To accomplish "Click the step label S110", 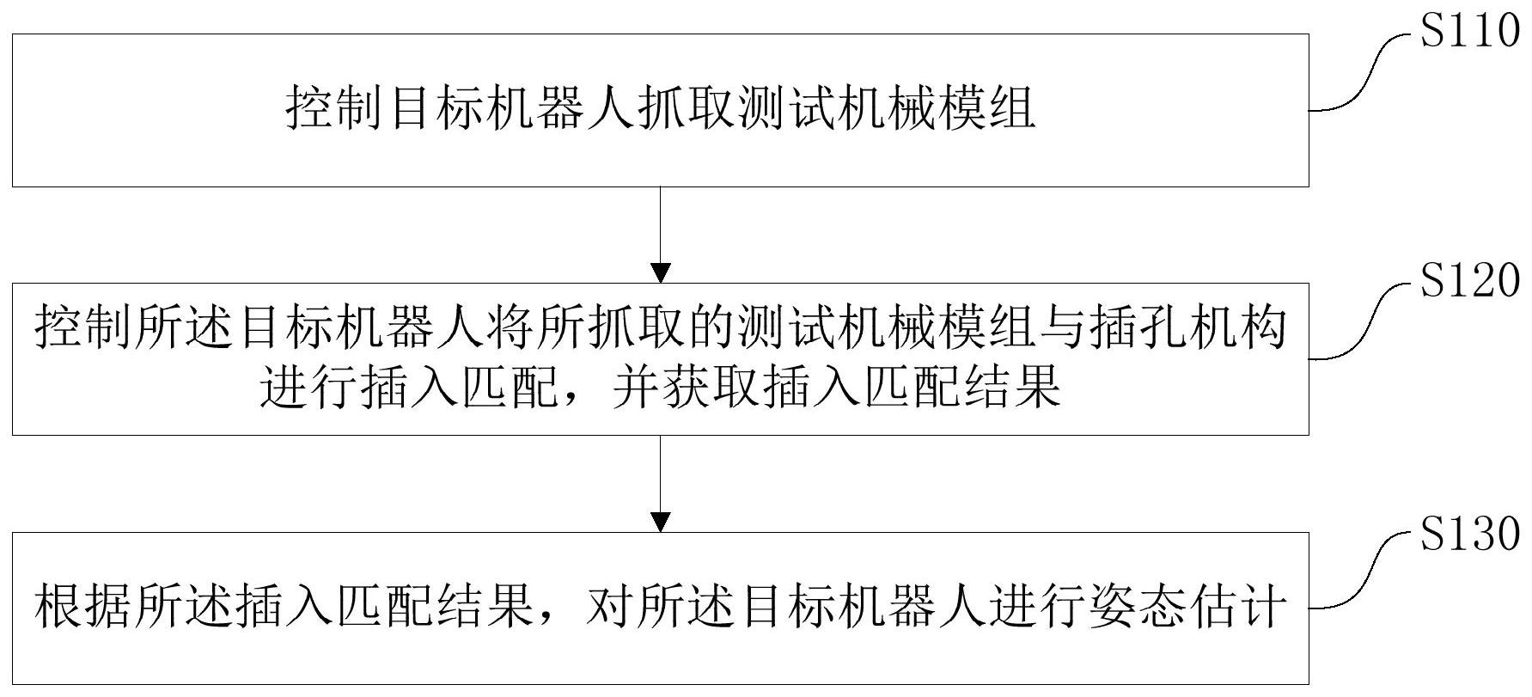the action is [x=1469, y=33].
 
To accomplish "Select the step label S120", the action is [x=1469, y=281].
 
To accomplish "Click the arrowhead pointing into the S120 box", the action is [x=660, y=272].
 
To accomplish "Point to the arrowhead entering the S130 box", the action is [x=660, y=522].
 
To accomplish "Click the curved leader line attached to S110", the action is [x=1362, y=77].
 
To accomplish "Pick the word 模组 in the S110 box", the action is [x=985, y=110].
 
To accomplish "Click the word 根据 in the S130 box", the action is [x=85, y=608].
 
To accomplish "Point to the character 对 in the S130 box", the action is [x=612, y=608].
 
